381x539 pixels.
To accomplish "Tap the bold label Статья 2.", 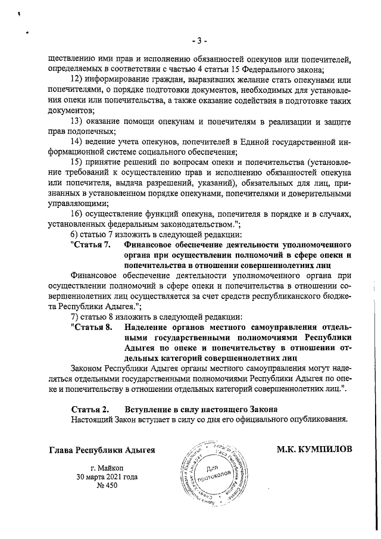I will pos(90,410).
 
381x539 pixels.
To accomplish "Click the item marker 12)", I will pos(77,79).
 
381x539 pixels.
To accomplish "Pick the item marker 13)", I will pos(77,121).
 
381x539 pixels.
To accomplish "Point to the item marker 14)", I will pos(77,141).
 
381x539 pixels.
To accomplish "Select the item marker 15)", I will pos(77,162).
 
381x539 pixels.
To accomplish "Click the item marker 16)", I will pos(77,214).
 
